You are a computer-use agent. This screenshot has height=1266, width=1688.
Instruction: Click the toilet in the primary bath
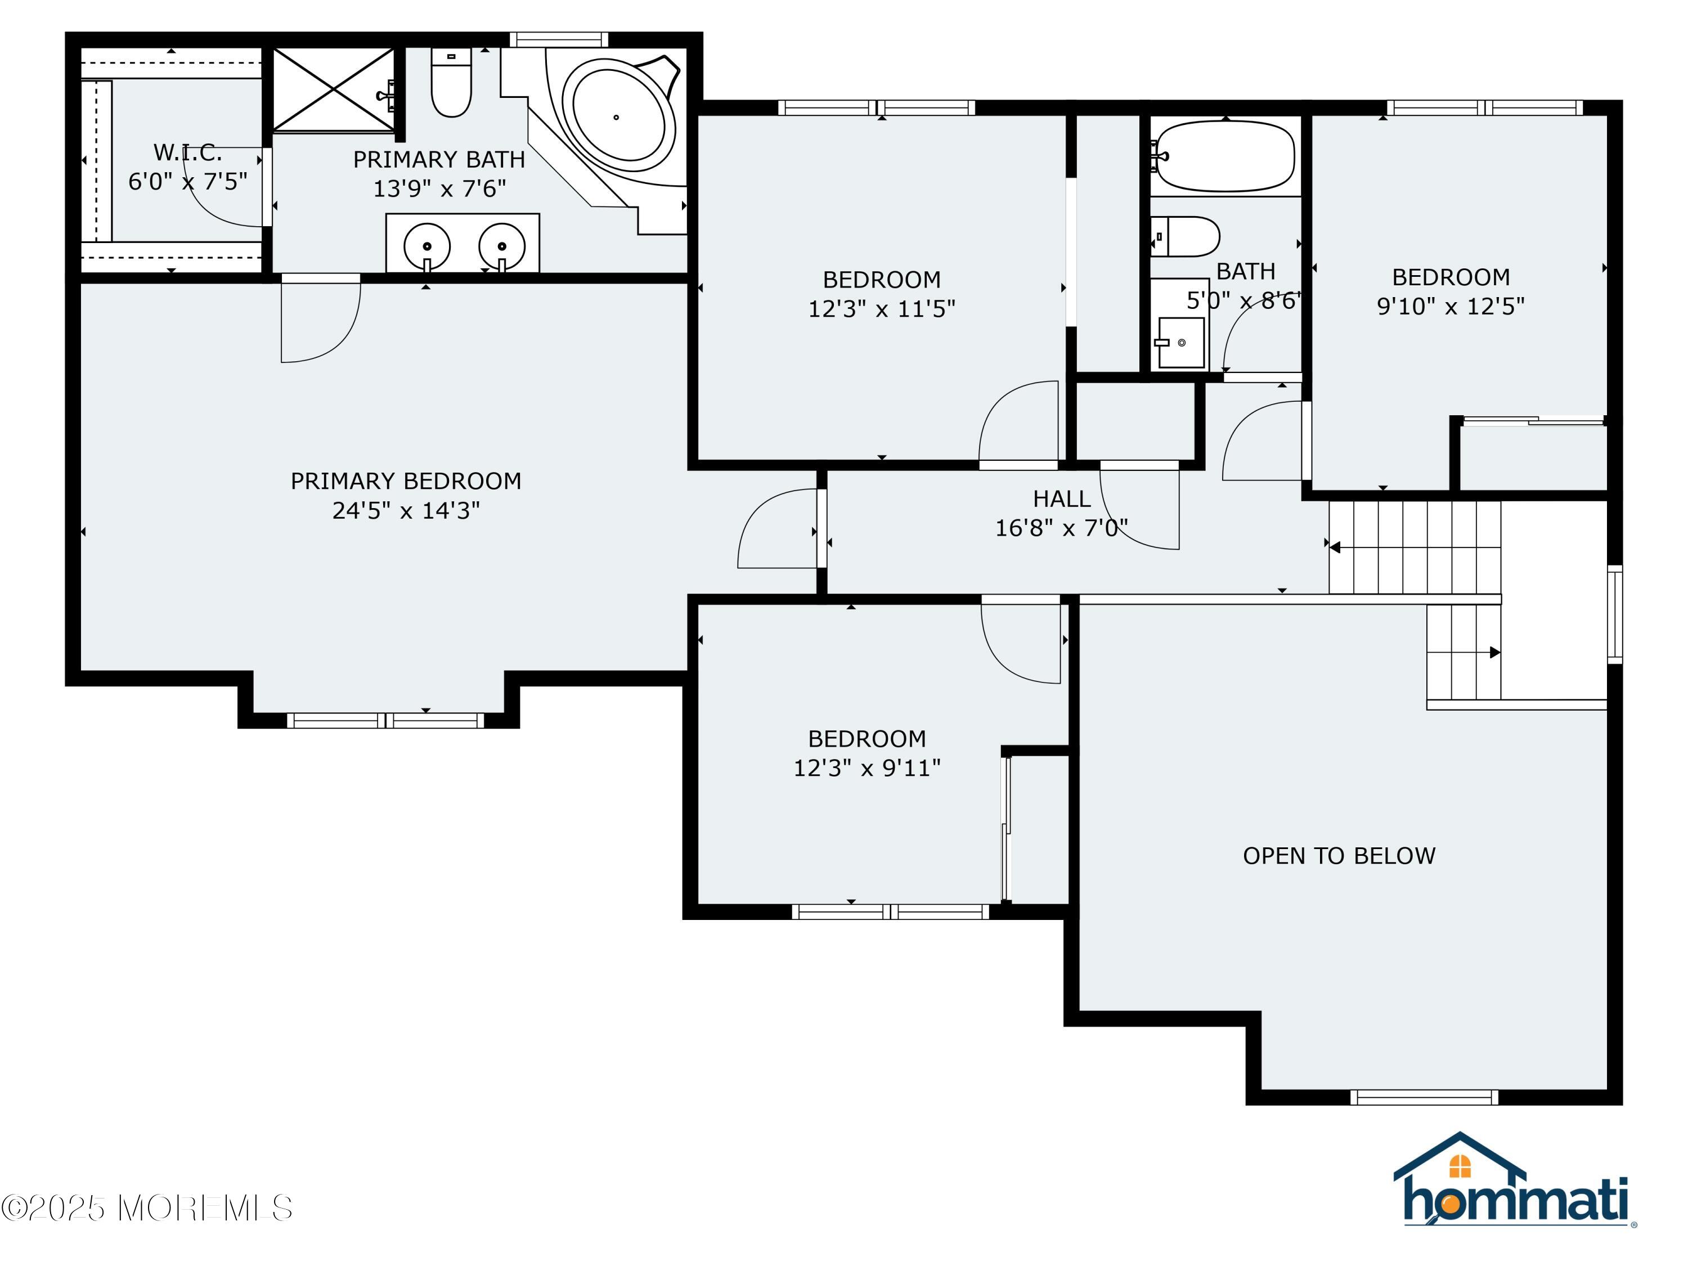[x=451, y=82]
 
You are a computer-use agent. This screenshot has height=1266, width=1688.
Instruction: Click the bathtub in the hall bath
[x=1225, y=156]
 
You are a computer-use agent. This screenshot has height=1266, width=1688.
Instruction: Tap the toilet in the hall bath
[x=1185, y=236]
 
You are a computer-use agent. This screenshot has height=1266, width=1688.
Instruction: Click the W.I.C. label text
[x=188, y=152]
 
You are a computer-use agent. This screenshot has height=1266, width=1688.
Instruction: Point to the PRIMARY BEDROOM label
[x=406, y=481]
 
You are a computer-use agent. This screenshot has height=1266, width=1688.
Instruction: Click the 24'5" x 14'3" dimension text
[x=406, y=510]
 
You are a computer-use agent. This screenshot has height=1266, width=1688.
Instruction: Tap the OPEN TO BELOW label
[x=1339, y=855]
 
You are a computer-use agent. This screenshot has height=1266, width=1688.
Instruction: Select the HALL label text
[x=1062, y=499]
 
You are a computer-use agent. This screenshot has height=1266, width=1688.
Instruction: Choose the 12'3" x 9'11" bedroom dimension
[x=867, y=767]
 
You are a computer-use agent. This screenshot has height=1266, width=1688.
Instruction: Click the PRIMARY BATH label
[x=439, y=159]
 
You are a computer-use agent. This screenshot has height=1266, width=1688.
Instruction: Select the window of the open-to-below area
[x=1424, y=1097]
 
